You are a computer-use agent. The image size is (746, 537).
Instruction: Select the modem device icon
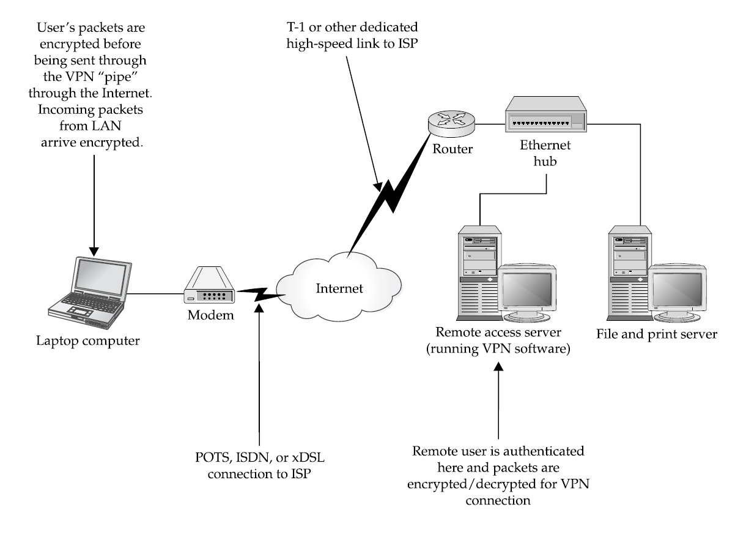(210, 293)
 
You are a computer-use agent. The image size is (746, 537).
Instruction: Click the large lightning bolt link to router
(391, 190)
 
